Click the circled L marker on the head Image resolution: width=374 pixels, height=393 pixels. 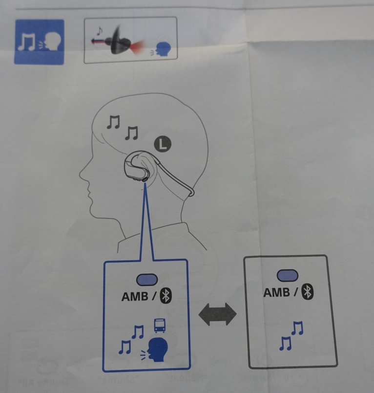pos(163,144)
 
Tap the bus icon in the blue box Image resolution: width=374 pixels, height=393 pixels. pos(160,326)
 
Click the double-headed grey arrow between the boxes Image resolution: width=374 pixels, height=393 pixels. pos(217,314)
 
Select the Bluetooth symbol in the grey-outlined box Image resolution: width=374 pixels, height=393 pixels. pos(308,291)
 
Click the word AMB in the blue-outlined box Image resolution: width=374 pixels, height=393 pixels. pos(135,297)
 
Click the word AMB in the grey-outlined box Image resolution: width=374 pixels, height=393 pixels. pos(276,292)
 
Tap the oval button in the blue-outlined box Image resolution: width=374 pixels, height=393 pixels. pos(147,280)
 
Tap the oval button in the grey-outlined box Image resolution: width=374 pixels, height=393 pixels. pos(288,276)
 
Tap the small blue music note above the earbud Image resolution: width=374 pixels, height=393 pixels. pos(100,31)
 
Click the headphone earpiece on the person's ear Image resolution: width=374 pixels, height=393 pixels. pos(137,167)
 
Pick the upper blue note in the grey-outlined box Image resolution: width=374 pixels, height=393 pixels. pos(298,328)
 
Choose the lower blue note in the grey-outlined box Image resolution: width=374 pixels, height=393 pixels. pos(285,343)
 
